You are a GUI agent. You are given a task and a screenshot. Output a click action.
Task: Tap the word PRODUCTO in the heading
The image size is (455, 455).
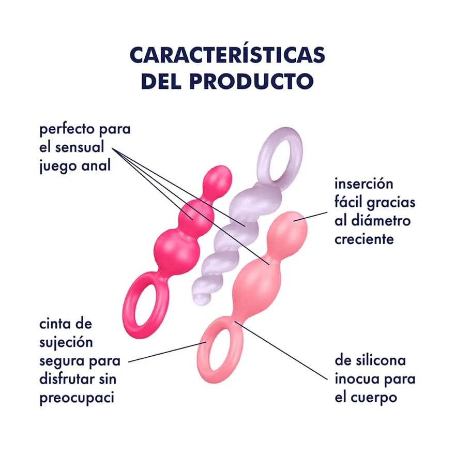pyautogui.click(x=252, y=81)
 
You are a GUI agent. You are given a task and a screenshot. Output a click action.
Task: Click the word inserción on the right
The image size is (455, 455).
pyautogui.click(x=364, y=184)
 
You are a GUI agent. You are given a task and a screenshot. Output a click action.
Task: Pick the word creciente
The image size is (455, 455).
pyautogui.click(x=364, y=239)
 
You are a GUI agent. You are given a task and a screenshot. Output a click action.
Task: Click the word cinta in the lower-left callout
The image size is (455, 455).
pyautogui.click(x=56, y=324)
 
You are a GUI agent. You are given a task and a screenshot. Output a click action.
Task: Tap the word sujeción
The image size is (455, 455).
pyautogui.click(x=66, y=343)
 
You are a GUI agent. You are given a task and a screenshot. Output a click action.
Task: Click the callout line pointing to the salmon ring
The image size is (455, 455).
pyautogui.click(x=167, y=352)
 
